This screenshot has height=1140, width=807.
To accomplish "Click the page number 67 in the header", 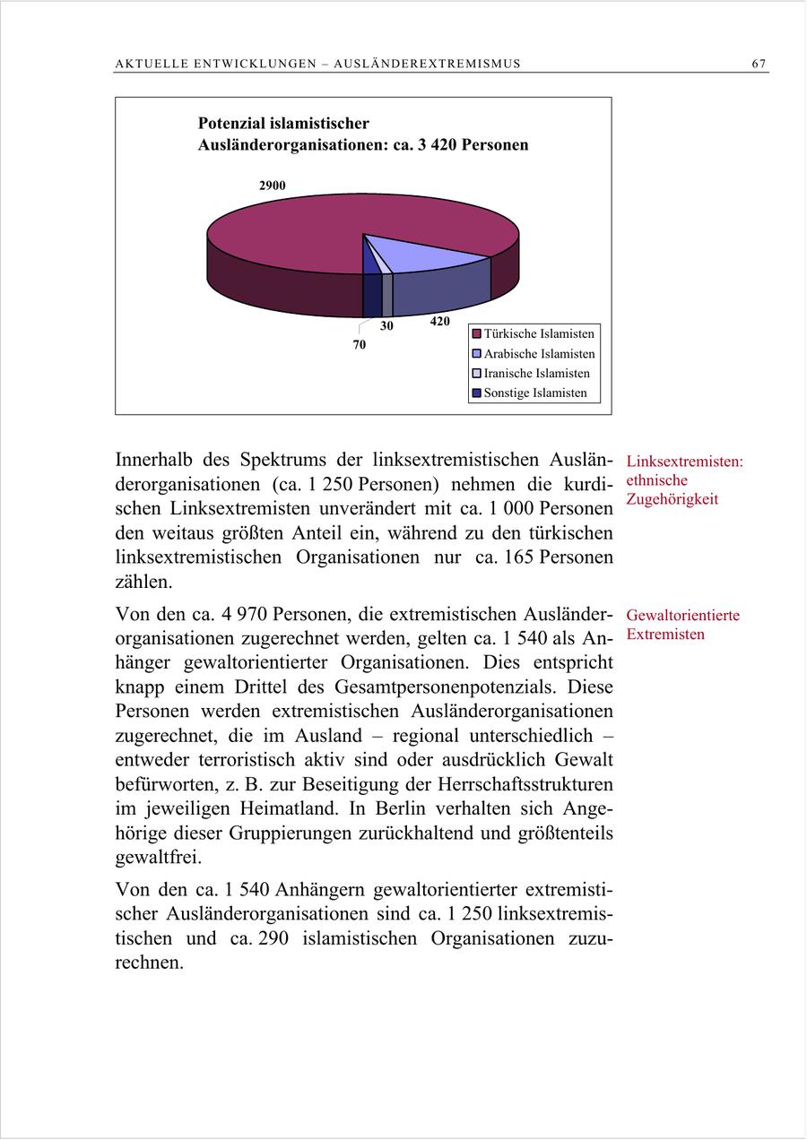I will [x=759, y=64].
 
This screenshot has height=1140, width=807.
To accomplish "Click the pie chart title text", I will [x=362, y=134].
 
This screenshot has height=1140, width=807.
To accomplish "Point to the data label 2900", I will [x=273, y=186].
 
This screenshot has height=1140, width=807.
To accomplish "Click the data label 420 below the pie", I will [x=439, y=321].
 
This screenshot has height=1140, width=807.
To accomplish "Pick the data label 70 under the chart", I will [x=359, y=344].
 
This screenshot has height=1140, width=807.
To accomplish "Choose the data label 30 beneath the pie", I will [x=386, y=326].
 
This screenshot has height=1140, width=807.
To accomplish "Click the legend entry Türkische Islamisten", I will [x=539, y=333].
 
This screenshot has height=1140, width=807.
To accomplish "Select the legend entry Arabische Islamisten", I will [x=539, y=353].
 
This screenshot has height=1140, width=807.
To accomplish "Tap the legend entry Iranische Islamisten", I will [x=536, y=373].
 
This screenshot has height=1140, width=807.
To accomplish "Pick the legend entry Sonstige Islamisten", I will [x=535, y=393].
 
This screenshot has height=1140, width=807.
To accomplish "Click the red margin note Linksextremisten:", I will [x=685, y=462].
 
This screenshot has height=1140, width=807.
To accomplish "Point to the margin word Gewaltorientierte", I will [x=683, y=616].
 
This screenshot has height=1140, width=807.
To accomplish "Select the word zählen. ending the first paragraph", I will [x=143, y=582].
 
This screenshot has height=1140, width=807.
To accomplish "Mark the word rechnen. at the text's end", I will [x=149, y=964].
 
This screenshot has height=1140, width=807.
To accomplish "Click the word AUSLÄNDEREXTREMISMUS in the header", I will [x=427, y=64].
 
